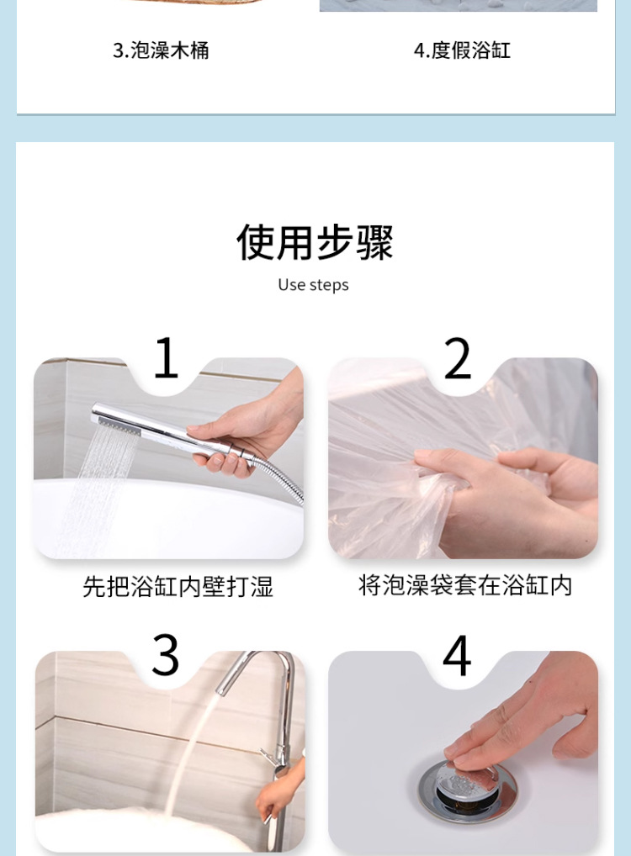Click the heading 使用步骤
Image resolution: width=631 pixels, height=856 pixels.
click(x=315, y=242)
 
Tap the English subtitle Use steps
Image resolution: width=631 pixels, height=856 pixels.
click(x=313, y=285)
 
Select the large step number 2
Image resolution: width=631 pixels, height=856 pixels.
click(x=458, y=358)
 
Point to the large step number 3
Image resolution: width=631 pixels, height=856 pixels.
click(x=165, y=654)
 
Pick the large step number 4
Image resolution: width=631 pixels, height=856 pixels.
click(x=457, y=654)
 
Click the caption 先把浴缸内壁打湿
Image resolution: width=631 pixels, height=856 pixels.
click(x=178, y=587)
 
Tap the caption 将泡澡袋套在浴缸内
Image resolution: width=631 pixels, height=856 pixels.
click(x=465, y=585)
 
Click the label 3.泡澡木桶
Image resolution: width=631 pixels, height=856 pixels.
click(x=161, y=50)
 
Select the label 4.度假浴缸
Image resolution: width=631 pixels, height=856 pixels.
click(x=462, y=50)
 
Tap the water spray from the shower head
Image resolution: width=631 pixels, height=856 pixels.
click(x=101, y=486)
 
